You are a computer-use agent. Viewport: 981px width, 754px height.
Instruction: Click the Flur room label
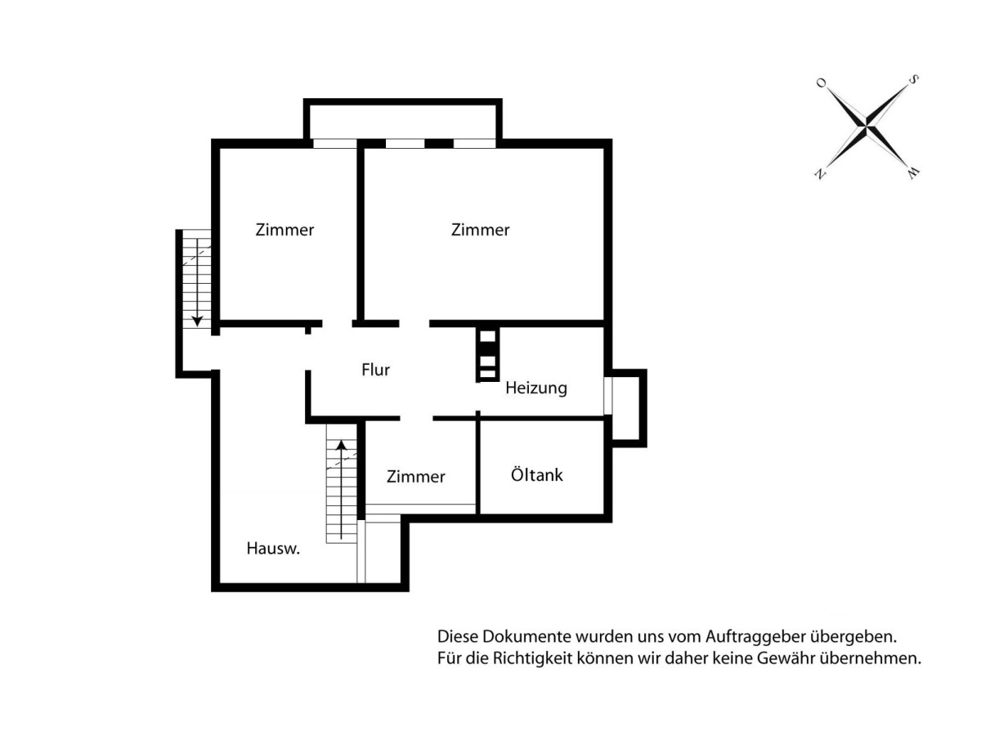click(375, 370)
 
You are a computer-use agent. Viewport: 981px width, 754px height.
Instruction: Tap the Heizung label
click(536, 388)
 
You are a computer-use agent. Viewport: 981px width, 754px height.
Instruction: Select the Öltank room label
click(537, 474)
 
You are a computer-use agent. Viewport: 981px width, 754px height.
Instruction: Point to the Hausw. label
click(273, 549)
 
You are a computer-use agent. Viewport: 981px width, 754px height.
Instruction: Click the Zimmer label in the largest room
click(481, 230)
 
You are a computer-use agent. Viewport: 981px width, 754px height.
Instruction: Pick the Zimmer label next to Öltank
click(416, 476)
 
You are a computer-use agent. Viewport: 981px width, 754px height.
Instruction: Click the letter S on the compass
click(913, 80)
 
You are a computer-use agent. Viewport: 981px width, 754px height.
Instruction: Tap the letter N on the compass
click(820, 174)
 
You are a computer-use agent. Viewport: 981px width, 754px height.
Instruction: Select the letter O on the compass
click(822, 83)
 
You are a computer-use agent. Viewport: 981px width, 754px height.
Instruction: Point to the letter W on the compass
click(913, 173)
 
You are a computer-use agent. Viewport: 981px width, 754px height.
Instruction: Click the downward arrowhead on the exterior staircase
click(197, 321)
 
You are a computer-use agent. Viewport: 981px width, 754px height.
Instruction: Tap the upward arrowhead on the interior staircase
click(341, 445)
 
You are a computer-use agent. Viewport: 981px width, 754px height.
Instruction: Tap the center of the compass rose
click(867, 126)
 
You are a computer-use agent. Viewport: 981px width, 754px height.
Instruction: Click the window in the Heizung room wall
click(608, 396)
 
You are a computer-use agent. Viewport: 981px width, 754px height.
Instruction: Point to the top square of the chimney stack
click(487, 336)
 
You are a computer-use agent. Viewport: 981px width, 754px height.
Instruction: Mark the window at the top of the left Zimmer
click(335, 144)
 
